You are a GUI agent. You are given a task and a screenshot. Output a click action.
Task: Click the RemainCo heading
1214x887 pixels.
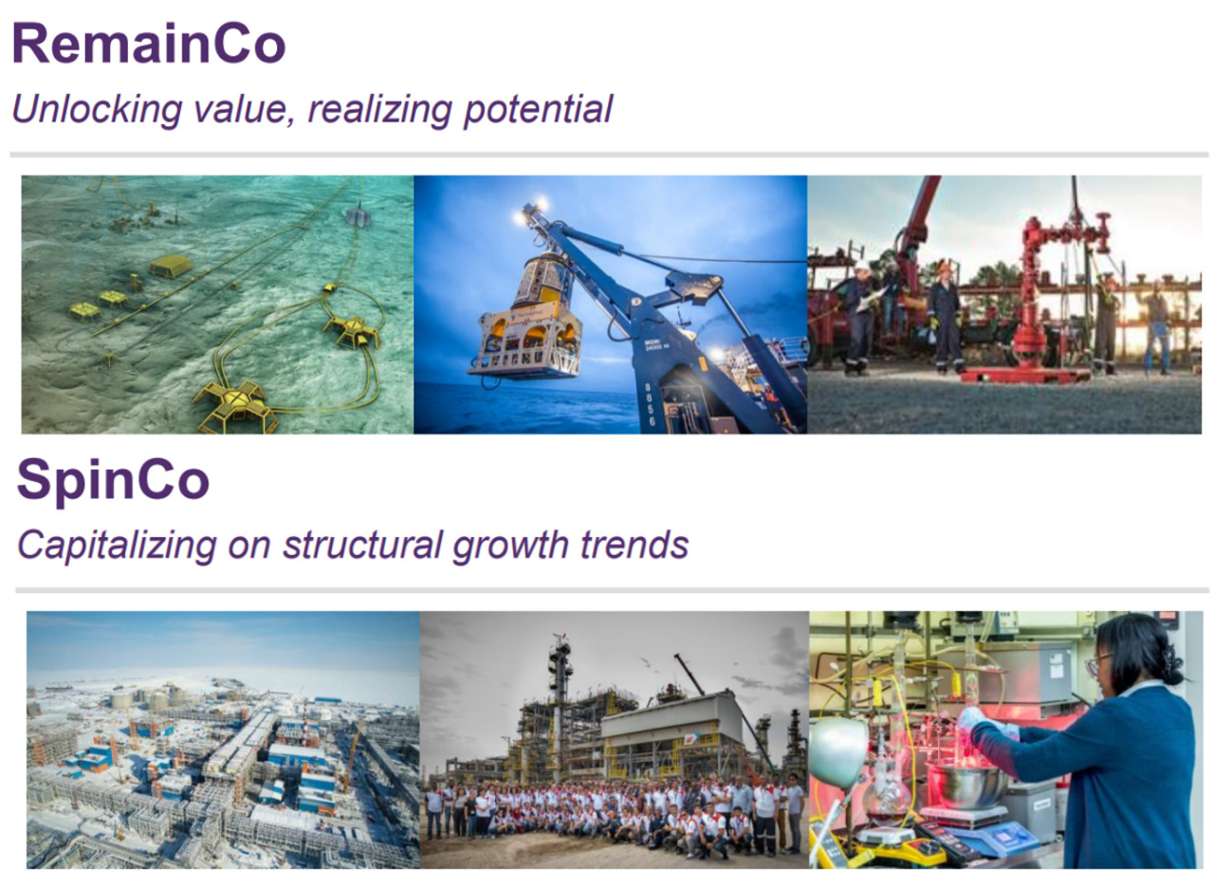(149, 44)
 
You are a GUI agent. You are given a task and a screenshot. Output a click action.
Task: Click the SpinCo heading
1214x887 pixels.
(113, 480)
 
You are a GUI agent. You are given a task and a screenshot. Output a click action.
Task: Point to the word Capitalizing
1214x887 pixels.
(117, 545)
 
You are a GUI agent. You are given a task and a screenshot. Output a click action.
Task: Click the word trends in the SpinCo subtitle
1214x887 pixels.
(635, 545)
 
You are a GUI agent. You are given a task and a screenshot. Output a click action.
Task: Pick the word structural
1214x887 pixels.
(362, 545)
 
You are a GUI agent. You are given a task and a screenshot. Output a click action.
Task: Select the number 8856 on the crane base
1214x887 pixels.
(651, 404)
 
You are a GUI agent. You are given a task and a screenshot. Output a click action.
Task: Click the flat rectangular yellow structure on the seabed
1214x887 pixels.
(171, 266)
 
